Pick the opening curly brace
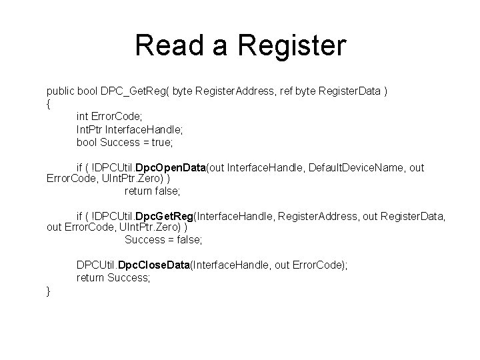[x=49, y=104]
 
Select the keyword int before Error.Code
[x=83, y=117]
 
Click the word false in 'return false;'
[x=167, y=191]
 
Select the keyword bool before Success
[x=86, y=142]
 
